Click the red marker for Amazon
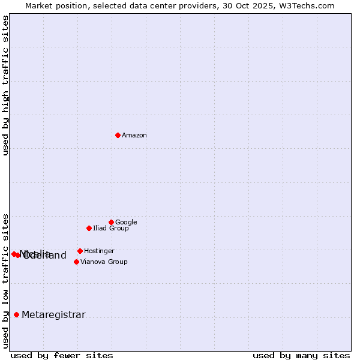tap(118, 135)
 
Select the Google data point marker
tap(111, 222)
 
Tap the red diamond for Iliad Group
tap(89, 228)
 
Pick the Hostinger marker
tap(80, 251)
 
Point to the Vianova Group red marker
tap(76, 262)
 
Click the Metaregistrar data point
tap(16, 314)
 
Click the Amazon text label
tap(134, 136)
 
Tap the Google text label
tap(126, 223)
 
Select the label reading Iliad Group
tap(111, 229)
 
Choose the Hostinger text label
tap(99, 251)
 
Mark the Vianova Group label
tap(104, 262)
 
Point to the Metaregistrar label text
tap(53, 315)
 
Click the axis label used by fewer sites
tap(62, 355)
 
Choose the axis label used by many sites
tap(301, 355)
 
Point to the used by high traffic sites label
tap(6, 85)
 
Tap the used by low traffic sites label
tap(6, 280)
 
